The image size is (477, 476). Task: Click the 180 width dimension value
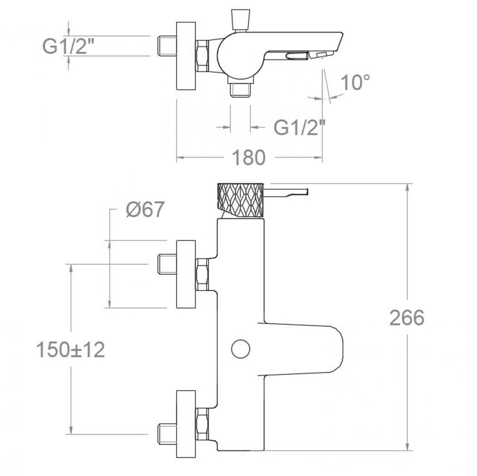point(249,158)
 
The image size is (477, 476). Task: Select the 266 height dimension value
point(407,317)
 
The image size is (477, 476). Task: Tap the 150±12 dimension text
point(70,349)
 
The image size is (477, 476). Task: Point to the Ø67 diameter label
point(145,209)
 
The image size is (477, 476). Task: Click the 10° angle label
point(355,82)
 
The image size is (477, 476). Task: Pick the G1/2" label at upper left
point(68,46)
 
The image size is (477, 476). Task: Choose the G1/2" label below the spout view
point(299,127)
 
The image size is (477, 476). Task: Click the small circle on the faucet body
point(241,349)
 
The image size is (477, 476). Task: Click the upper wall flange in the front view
point(186,274)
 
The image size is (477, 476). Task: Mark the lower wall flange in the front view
point(186,424)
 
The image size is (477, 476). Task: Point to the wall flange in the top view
point(186,56)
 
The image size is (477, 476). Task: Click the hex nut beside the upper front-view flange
point(202,274)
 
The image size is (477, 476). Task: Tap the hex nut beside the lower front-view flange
point(202,424)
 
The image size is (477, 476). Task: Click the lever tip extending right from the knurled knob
point(305,191)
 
